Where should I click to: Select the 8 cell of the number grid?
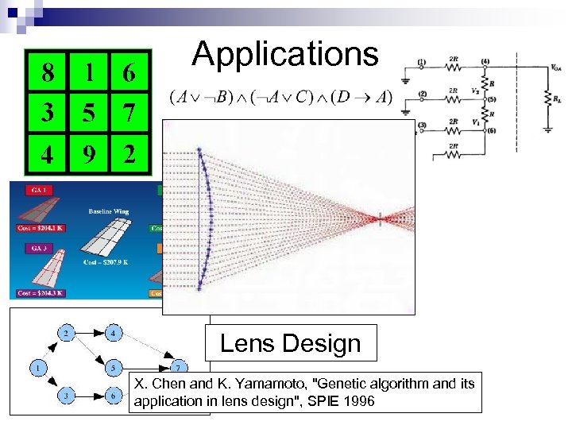tap(48, 74)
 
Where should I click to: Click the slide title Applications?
tap(285, 54)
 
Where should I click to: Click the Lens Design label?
tap(290, 343)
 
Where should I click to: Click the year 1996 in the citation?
tap(358, 401)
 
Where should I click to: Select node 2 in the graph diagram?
tap(67, 333)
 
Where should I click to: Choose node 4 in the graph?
tap(114, 333)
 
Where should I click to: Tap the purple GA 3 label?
tap(37, 248)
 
